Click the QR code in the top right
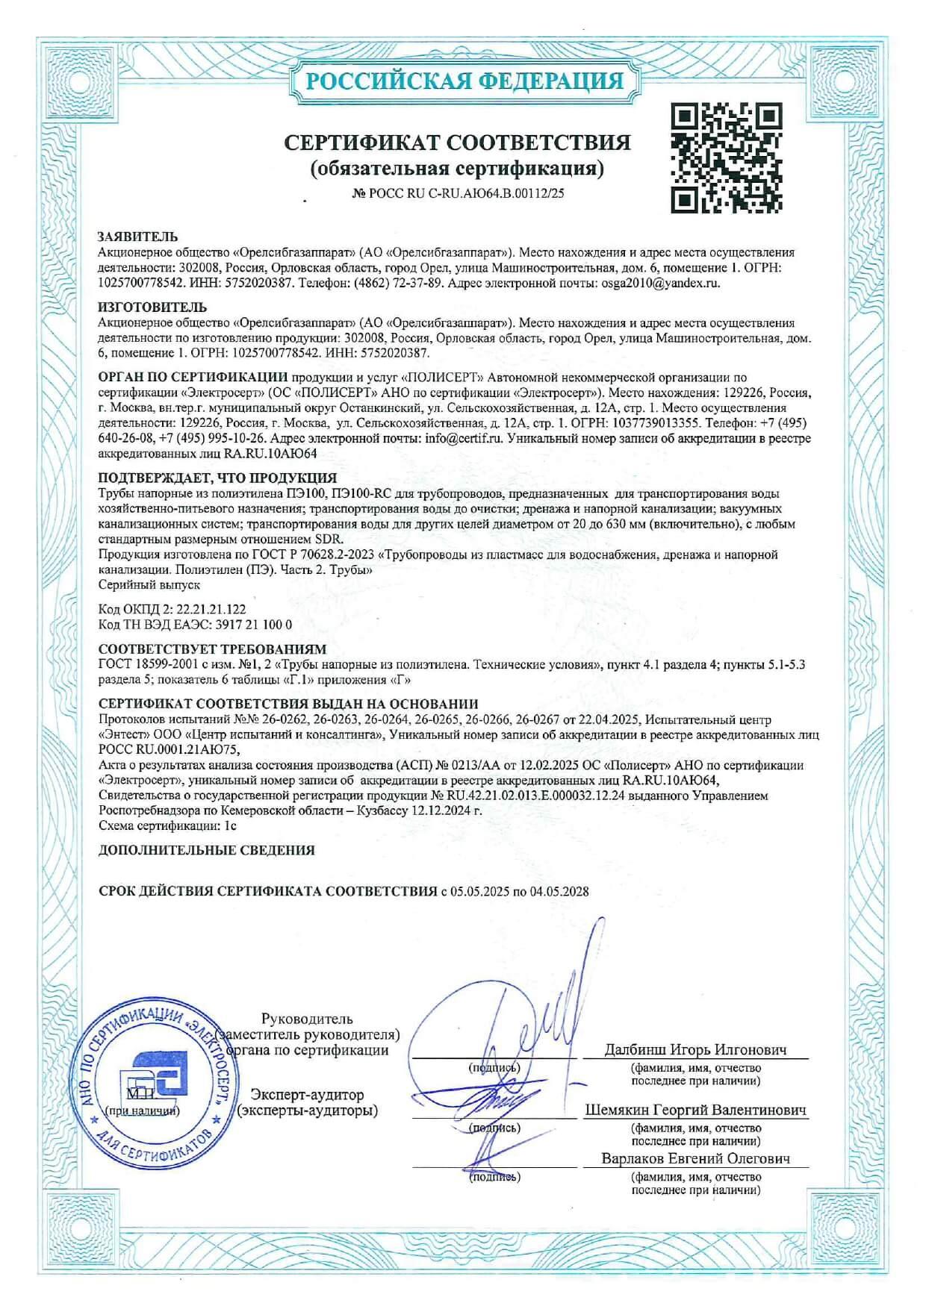click(726, 157)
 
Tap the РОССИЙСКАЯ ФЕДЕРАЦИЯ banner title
click(464, 81)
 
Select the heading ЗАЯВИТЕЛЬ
click(138, 237)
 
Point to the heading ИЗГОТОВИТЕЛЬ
click(152, 307)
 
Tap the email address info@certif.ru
click(463, 438)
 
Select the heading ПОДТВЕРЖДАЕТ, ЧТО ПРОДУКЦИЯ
click(217, 478)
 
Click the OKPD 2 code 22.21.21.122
click(211, 609)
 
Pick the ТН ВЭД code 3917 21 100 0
click(254, 624)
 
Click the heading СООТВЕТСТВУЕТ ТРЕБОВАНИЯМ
click(212, 649)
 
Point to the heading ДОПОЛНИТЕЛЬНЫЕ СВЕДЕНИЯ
click(207, 850)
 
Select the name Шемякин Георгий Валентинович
click(695, 1110)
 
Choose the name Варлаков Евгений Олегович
click(695, 1158)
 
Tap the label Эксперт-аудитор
click(308, 1095)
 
